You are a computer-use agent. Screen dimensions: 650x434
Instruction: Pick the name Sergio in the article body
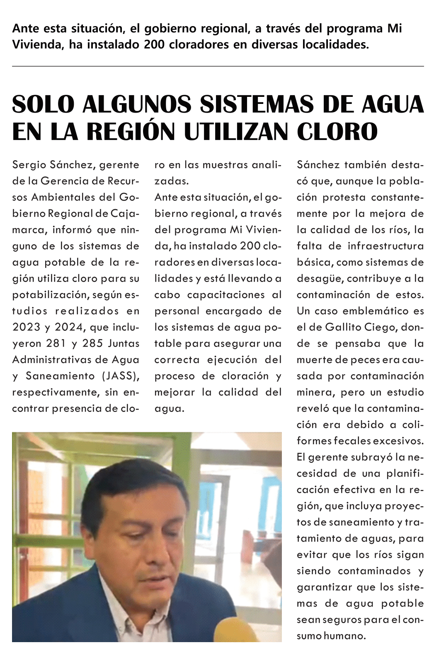[29, 165]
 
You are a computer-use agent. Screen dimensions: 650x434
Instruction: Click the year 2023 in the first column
[26, 327]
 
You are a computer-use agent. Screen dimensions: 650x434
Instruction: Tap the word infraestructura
[386, 246]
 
